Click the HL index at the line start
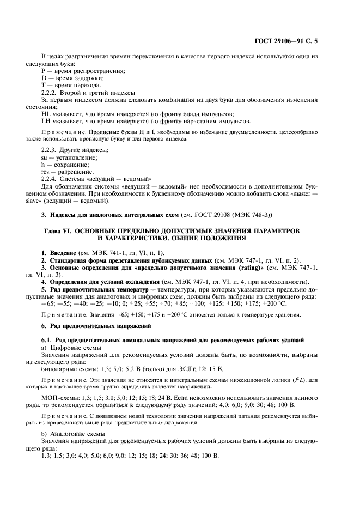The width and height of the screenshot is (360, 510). coord(46,113)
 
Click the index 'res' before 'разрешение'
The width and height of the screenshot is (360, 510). coord(46,172)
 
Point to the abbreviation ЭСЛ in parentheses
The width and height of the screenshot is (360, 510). coord(165,368)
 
